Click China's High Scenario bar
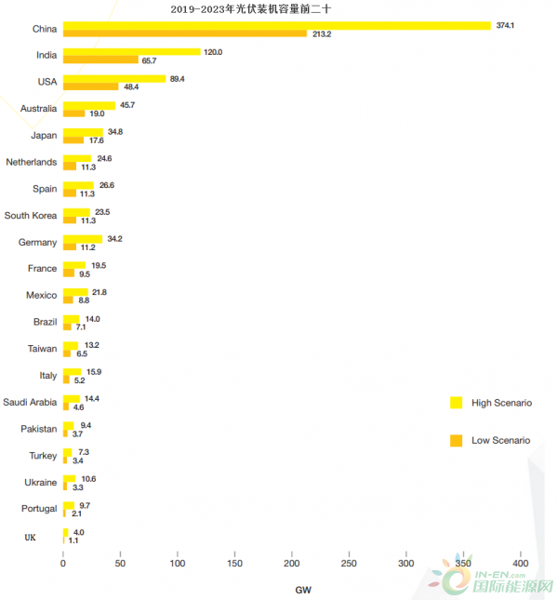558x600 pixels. coord(276,25)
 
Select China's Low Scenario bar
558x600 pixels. coord(185,33)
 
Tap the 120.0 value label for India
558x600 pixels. coord(214,52)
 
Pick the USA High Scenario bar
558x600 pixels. coord(114,78)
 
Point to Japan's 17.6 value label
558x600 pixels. coord(97,140)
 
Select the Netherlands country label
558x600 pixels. coord(31,162)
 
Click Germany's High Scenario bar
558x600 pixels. coord(83,239)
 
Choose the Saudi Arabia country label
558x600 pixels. coord(30,403)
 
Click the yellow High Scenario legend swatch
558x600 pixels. coord(456,403)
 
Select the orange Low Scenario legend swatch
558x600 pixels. coord(456,440)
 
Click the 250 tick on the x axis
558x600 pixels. coord(349,564)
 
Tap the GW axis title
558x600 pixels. coord(303,590)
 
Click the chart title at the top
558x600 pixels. coord(251,8)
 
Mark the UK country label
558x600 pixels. coord(32,538)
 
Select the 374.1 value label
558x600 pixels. coord(506,25)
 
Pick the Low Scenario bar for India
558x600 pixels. coord(100,60)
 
